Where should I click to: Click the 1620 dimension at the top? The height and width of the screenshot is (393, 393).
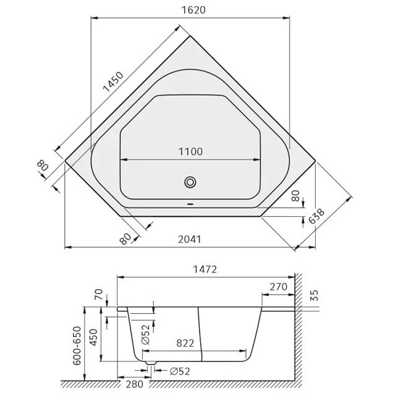[193, 10]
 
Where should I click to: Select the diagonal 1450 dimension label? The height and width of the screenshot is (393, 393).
[113, 82]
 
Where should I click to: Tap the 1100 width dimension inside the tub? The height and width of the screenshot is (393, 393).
[190, 151]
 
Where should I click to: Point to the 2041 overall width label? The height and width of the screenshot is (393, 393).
[190, 239]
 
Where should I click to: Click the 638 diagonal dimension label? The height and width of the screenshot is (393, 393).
[316, 216]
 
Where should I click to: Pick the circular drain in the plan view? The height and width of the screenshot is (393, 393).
[190, 182]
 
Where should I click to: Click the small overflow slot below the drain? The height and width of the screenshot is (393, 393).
[190, 204]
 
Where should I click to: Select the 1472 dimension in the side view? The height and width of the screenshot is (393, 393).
[205, 269]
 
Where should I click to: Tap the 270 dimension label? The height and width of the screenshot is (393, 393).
[278, 287]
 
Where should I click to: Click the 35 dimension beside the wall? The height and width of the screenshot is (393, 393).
[314, 295]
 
